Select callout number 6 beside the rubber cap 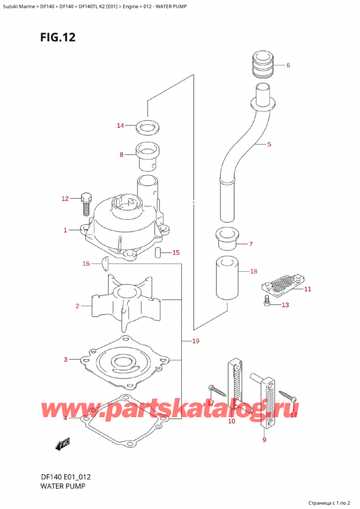point(288,65)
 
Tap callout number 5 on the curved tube point(269,145)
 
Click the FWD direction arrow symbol point(63,445)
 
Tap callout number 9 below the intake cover point(264,441)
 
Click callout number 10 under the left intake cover point(232,421)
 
